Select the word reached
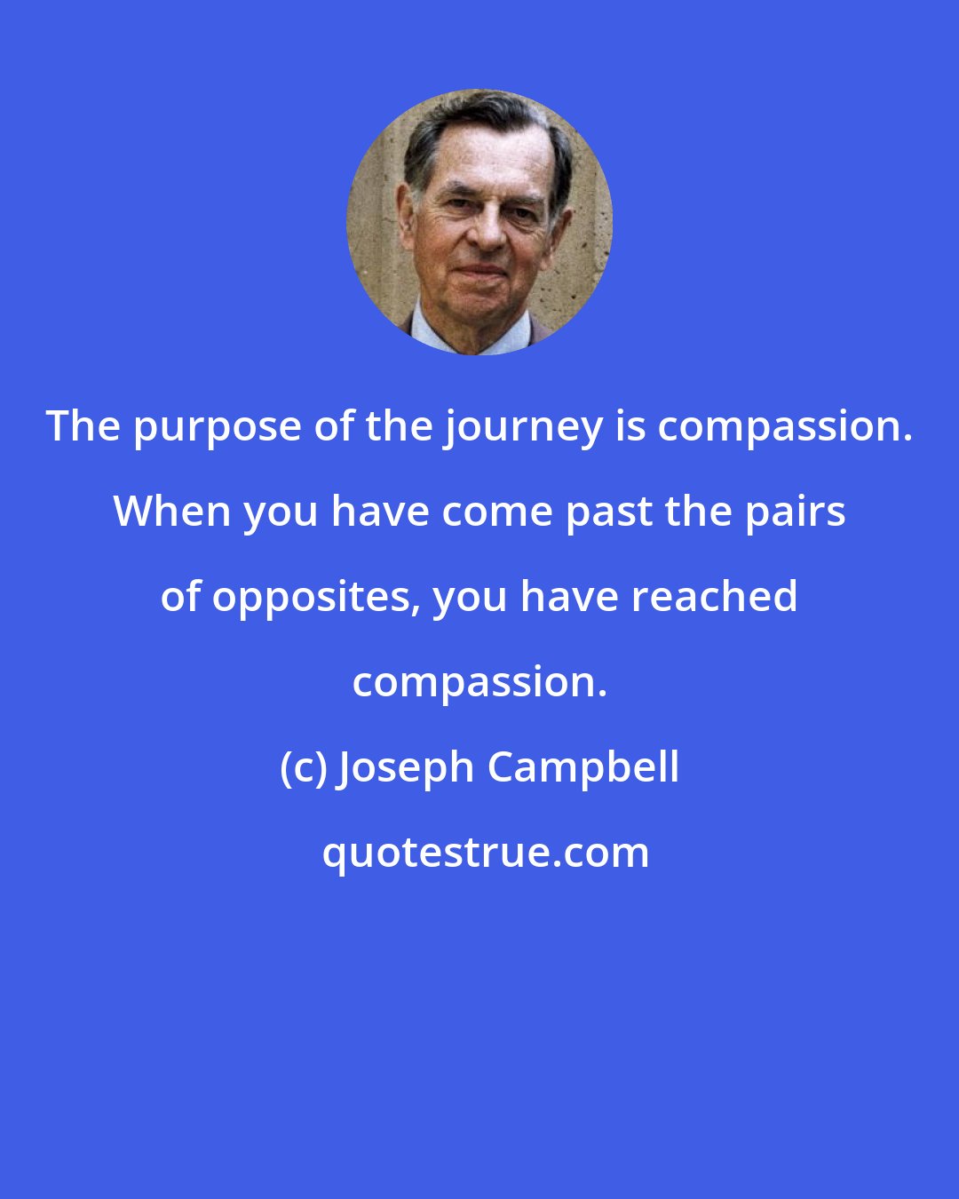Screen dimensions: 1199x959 tap(714, 597)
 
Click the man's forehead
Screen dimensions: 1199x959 tap(479, 160)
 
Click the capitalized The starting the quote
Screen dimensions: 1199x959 tap(83, 426)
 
